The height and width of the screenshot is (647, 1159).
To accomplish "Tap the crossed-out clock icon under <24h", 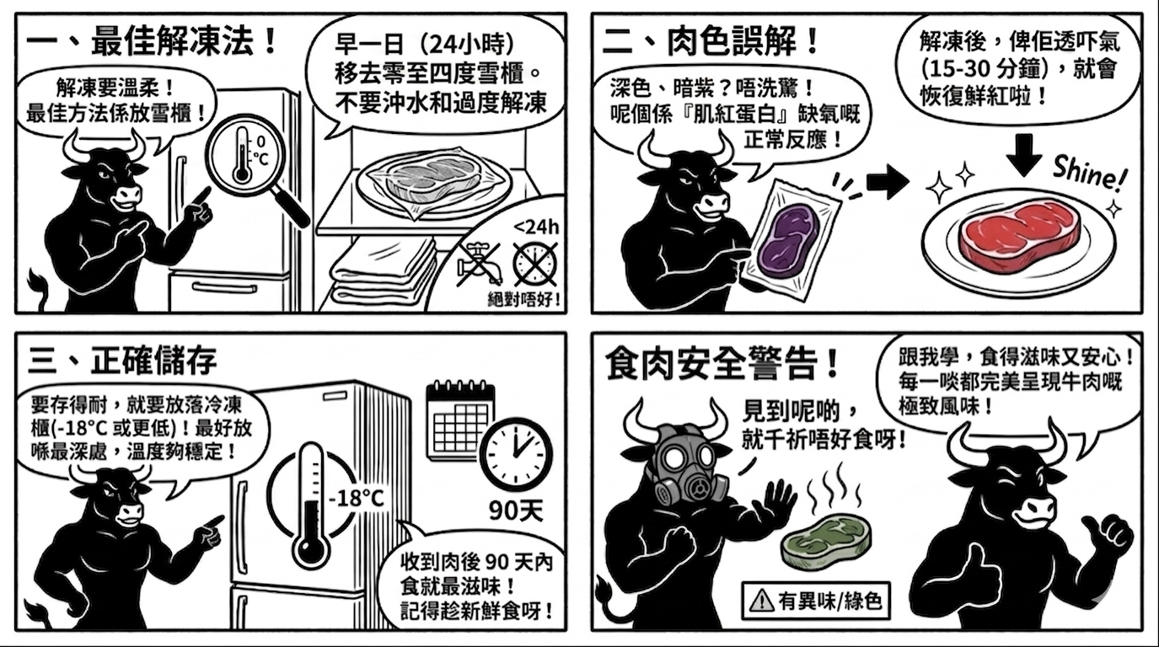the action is click(535, 265).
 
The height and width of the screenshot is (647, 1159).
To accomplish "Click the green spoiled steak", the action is click(826, 542).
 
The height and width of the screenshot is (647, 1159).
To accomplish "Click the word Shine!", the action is click(1090, 173).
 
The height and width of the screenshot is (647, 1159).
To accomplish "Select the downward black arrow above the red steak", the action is click(1024, 155).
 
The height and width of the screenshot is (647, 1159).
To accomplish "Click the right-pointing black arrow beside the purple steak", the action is click(888, 181).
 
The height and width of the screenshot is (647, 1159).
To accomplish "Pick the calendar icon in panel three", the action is click(458, 420).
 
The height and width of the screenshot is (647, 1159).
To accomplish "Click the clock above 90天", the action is click(517, 453).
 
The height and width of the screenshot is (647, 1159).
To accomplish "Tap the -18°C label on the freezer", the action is click(357, 499).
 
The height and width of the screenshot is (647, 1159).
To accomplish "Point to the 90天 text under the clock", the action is click(517, 511).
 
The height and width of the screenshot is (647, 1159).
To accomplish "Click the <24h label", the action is click(537, 227).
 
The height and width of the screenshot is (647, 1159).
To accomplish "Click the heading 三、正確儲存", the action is click(122, 361).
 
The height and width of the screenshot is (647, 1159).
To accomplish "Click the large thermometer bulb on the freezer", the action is click(310, 549).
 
